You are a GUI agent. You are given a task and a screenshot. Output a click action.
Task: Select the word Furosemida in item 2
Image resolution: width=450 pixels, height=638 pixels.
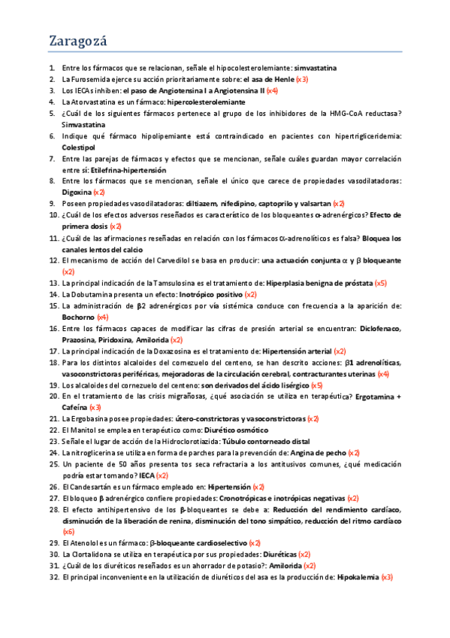pyautogui.click(x=89, y=79)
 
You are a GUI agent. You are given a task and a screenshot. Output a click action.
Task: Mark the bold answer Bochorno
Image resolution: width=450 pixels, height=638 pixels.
pyautogui.click(x=78, y=317)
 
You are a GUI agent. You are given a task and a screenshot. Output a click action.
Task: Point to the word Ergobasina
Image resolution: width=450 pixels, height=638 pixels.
pyautogui.click(x=91, y=418)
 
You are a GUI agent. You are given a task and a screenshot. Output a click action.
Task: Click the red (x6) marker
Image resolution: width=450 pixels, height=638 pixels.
pyautogui.click(x=68, y=531)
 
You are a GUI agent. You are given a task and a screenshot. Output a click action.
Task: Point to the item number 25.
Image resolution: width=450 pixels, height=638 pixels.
pyautogui.click(x=53, y=464)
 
